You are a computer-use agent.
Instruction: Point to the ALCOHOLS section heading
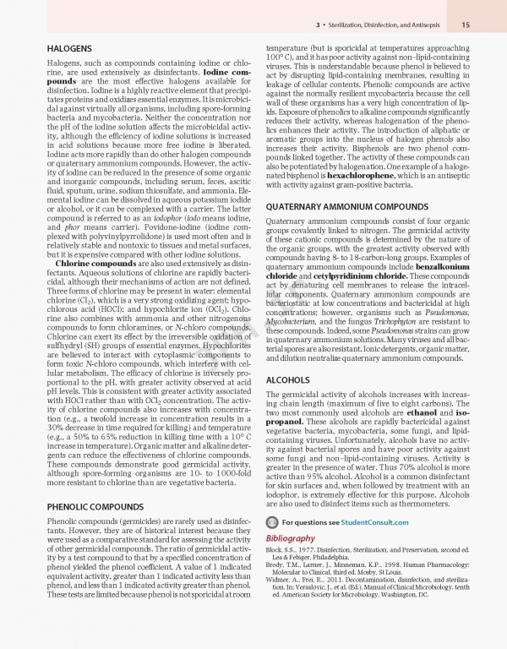(288, 380)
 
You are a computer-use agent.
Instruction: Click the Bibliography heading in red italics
(292, 537)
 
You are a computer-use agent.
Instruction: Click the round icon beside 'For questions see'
(273, 523)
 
